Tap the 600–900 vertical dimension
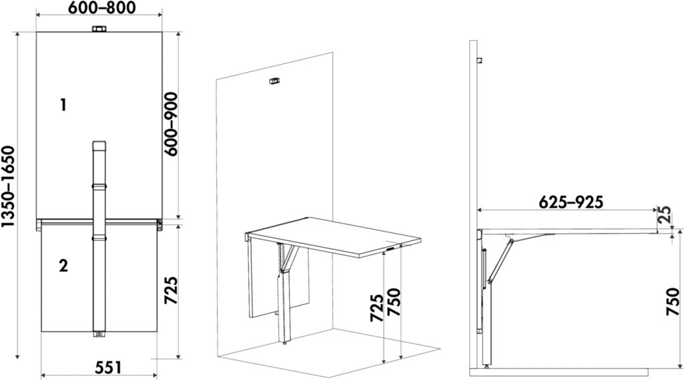(172, 125)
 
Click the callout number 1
(63, 104)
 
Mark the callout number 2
(63, 266)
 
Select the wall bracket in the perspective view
(273, 82)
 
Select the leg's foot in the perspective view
(286, 344)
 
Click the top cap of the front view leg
(98, 145)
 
